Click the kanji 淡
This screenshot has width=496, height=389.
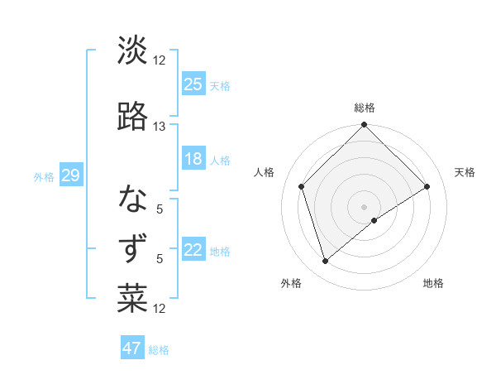(x=132, y=50)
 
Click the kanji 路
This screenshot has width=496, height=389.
(x=132, y=117)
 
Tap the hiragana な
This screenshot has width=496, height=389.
(x=132, y=199)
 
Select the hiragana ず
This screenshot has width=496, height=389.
(x=132, y=249)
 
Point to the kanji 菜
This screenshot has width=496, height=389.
(x=132, y=299)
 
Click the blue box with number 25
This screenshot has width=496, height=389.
(x=193, y=84)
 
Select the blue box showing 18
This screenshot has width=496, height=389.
(x=193, y=159)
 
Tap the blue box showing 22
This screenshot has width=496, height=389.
(x=193, y=250)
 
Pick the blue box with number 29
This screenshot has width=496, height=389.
(x=70, y=175)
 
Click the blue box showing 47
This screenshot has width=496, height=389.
(x=132, y=348)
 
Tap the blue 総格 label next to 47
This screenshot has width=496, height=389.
(x=159, y=350)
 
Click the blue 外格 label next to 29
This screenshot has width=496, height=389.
(x=43, y=176)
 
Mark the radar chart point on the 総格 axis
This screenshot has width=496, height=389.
(x=364, y=126)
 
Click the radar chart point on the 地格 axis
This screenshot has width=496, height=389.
(x=374, y=220)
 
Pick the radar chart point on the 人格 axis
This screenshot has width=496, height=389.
(x=302, y=186)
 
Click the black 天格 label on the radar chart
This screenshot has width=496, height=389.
(x=465, y=172)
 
